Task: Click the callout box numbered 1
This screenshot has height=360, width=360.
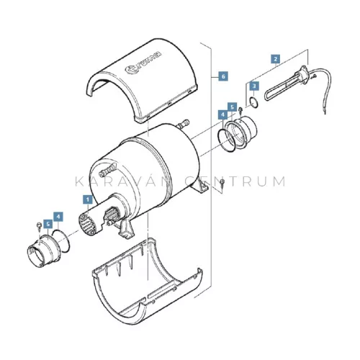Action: click(88, 199)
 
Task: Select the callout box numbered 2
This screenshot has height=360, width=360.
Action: click(276, 59)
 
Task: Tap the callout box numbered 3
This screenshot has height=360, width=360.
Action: click(254, 86)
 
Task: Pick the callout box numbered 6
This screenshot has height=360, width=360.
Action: click(223, 76)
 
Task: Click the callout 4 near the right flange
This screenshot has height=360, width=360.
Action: click(223, 114)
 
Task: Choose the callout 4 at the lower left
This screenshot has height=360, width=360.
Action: click(58, 217)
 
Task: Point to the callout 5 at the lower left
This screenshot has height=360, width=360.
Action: click(48, 224)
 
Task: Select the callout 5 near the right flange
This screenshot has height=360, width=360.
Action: click(232, 107)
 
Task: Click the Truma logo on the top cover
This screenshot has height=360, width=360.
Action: click(143, 63)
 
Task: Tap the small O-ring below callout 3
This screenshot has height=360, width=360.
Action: click(254, 102)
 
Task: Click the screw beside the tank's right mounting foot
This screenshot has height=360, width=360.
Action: click(222, 184)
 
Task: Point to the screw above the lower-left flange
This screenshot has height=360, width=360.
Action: click(38, 226)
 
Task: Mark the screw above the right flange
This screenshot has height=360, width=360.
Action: click(240, 110)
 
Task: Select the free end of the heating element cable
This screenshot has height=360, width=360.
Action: click(325, 113)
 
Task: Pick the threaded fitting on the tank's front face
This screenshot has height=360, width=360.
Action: click(109, 170)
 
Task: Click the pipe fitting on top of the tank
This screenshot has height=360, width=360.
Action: click(183, 124)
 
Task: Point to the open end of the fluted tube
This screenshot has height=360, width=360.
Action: click(88, 225)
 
